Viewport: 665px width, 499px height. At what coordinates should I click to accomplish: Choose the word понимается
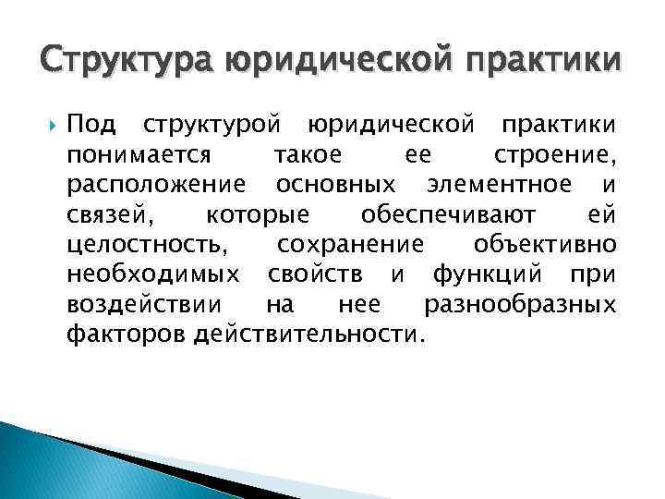[x=139, y=154]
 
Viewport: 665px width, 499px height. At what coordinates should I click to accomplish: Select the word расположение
[x=156, y=185]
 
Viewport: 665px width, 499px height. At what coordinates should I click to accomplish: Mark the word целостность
[x=145, y=245]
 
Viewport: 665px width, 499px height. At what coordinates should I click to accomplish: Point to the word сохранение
[x=351, y=245]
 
